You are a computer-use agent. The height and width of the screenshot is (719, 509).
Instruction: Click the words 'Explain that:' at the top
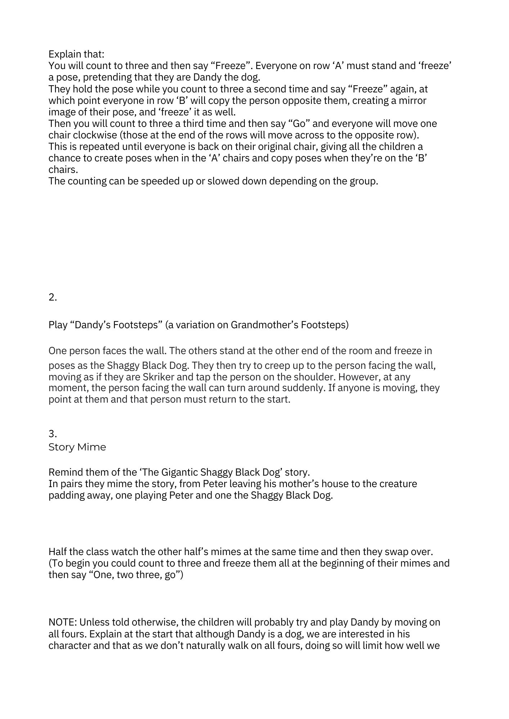[76, 54]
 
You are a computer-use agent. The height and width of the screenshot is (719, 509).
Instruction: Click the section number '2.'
[53, 297]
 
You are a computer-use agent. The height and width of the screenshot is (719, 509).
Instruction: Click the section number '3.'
[53, 434]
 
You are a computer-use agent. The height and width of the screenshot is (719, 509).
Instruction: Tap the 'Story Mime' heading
[77, 447]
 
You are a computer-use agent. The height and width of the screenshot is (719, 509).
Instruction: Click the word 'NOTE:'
[63, 622]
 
